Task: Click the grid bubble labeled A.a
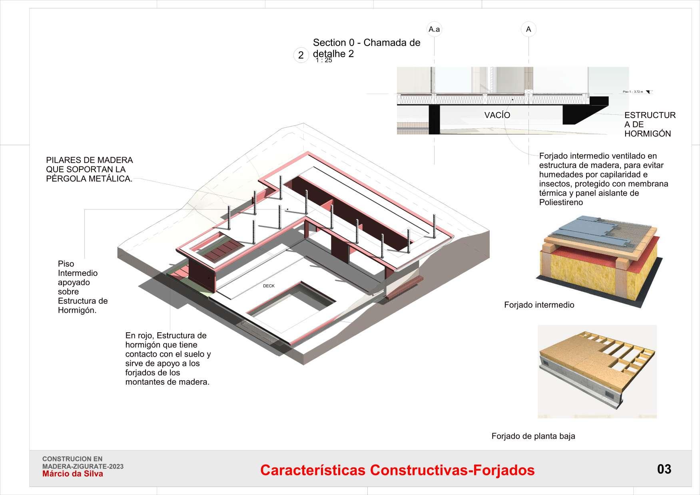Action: [434, 29]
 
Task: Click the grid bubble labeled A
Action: [528, 29]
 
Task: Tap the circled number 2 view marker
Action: [301, 55]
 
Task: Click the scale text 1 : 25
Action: [324, 60]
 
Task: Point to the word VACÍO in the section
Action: [497, 115]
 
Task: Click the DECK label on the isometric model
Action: [269, 286]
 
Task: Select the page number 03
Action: [664, 469]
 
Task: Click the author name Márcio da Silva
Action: [73, 474]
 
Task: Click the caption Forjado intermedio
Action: [539, 305]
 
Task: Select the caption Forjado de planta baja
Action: [533, 436]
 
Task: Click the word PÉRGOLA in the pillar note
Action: [66, 179]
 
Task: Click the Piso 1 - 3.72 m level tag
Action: [633, 92]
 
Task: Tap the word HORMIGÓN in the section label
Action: [647, 134]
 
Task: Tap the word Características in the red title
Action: [313, 470]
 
